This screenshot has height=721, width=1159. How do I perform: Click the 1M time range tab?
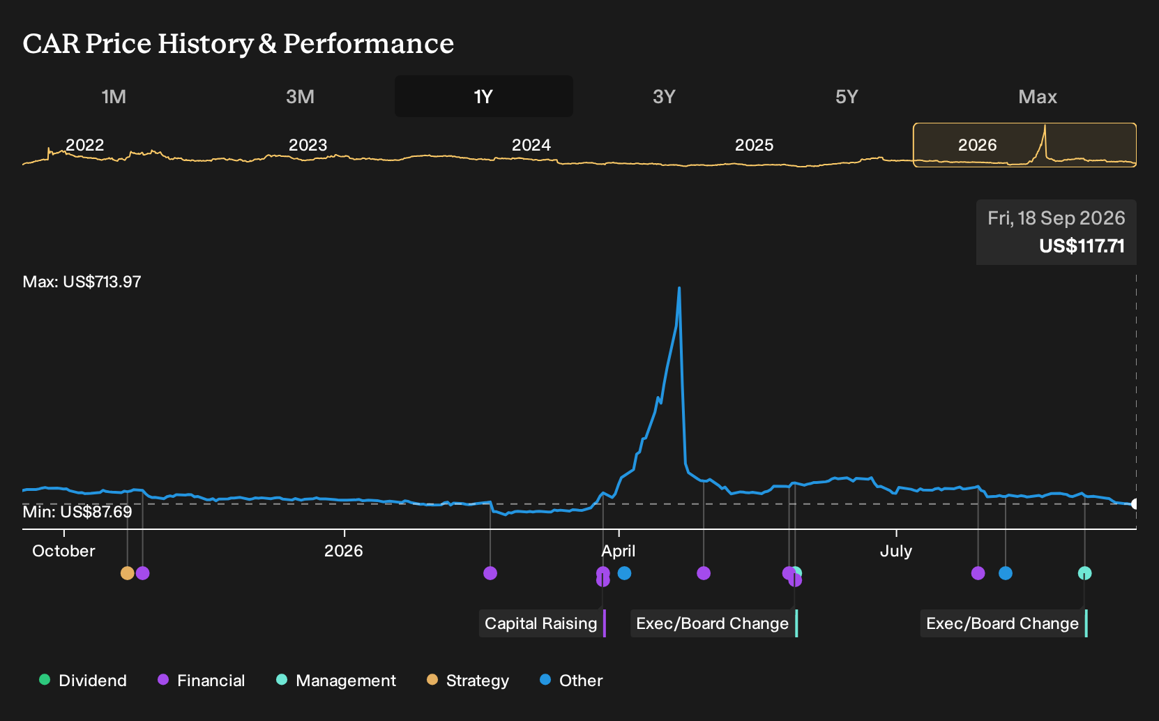(114, 97)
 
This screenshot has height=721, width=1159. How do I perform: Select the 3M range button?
(300, 97)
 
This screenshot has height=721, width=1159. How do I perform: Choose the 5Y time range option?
(847, 97)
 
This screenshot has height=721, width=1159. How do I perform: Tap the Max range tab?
(1038, 97)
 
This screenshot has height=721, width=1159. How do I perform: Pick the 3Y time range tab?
(664, 97)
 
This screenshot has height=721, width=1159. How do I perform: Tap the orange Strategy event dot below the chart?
(128, 573)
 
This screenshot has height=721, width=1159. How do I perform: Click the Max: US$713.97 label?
(82, 282)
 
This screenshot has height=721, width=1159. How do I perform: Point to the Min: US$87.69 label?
(77, 512)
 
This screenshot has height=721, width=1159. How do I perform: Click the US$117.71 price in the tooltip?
(1082, 246)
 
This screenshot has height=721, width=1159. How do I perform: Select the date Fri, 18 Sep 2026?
(1056, 218)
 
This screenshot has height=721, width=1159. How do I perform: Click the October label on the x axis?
(63, 551)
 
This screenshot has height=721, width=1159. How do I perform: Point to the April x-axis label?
(619, 552)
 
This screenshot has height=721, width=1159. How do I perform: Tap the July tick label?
(896, 552)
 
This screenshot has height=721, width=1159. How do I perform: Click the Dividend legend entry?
(83, 680)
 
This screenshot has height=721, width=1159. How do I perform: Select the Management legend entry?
(336, 680)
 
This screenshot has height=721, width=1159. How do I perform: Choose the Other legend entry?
(571, 680)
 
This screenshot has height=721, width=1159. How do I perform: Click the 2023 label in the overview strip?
(308, 145)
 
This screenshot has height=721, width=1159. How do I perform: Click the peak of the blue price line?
(679, 288)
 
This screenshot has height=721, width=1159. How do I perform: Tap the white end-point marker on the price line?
(1135, 503)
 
